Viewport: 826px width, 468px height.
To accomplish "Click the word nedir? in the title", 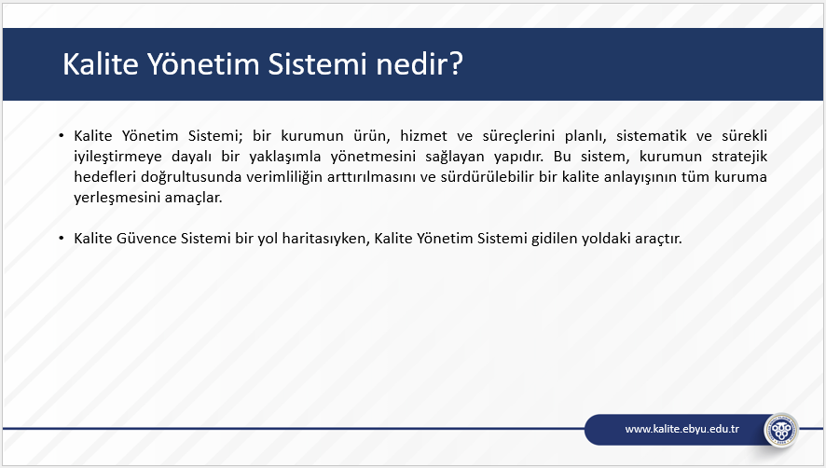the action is (420, 63).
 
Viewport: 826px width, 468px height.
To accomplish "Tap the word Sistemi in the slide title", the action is (318, 63).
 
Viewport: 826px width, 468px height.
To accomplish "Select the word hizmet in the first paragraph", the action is (423, 136).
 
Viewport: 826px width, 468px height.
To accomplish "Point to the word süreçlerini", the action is (518, 136).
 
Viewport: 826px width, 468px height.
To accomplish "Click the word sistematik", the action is (651, 136).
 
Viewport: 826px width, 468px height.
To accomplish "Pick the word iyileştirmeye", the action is (117, 157).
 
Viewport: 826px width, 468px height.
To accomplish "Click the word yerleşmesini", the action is (117, 199).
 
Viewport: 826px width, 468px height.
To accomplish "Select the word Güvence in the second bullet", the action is (146, 239).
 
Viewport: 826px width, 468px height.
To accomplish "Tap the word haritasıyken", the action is (325, 240).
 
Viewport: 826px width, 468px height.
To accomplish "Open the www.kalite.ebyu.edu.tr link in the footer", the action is (681, 429).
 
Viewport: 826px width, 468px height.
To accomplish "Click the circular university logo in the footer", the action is (781, 430).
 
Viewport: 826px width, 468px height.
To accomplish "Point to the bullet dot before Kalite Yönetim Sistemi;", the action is (62, 136).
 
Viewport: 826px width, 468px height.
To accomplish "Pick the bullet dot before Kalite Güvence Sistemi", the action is (62, 239).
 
